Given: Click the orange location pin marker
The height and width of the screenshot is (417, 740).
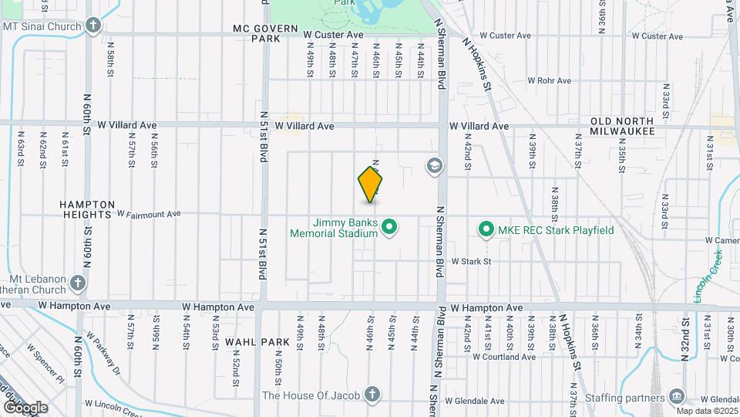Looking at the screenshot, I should pyautogui.click(x=371, y=185).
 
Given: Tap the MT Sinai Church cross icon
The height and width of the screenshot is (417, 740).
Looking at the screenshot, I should pyautogui.click(x=93, y=25).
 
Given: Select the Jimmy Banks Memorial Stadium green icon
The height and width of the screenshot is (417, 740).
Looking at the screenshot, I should pyautogui.click(x=390, y=227).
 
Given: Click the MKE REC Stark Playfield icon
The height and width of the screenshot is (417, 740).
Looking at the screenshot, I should pyautogui.click(x=486, y=229).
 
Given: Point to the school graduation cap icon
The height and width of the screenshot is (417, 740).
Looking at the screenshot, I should pyautogui.click(x=434, y=165).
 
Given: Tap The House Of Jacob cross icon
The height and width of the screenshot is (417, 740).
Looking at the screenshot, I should pyautogui.click(x=372, y=395).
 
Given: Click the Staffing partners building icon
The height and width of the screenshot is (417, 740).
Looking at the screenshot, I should pyautogui.click(x=676, y=396).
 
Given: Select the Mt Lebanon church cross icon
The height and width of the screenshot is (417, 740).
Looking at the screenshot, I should pyautogui.click(x=77, y=283).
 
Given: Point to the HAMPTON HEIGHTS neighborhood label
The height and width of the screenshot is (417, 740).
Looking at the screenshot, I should pyautogui.click(x=87, y=209).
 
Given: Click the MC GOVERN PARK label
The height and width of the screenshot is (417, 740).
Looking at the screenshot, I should pyautogui.click(x=265, y=32).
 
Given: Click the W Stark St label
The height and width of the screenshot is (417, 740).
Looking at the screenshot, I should pyautogui.click(x=471, y=262).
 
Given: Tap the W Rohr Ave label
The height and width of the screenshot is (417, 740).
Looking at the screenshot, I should pyautogui.click(x=549, y=80).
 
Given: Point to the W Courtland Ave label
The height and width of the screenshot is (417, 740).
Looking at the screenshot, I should pyautogui.click(x=504, y=357).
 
